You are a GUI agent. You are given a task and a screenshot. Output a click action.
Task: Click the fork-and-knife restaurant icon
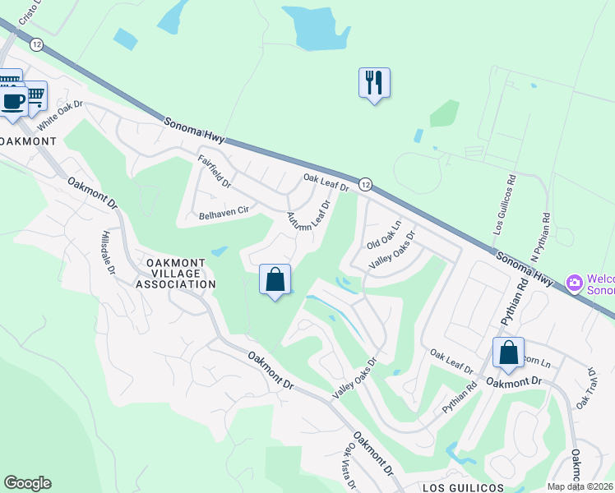click(374, 82)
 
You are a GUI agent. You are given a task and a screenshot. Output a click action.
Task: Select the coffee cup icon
click(12, 102)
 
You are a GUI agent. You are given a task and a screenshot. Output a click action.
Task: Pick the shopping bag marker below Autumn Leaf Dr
click(275, 279)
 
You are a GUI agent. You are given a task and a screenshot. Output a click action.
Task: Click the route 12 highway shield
click(366, 182)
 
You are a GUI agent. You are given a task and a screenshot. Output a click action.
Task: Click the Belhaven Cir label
click(224, 211)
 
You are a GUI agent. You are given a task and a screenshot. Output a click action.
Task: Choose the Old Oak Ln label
click(384, 235)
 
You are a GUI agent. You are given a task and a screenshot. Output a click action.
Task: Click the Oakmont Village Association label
click(180, 274)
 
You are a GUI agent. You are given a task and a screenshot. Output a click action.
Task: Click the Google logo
click(27, 483)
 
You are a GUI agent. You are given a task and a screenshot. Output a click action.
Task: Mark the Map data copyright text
click(580, 486)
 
